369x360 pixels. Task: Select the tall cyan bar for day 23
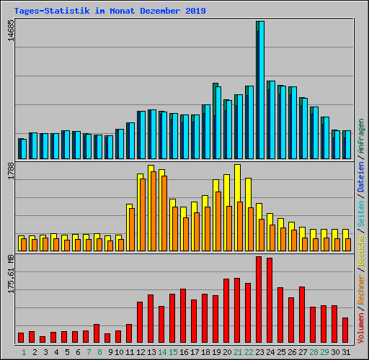(x=259, y=90)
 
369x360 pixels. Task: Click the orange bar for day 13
(x=154, y=212)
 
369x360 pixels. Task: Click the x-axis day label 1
(x=23, y=351)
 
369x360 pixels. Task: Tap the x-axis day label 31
(x=345, y=351)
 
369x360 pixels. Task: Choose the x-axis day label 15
(x=172, y=351)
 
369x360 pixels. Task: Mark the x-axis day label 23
(x=259, y=351)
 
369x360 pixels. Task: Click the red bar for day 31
(x=345, y=330)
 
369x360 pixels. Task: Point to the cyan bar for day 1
(x=22, y=148)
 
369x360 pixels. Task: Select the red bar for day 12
(x=140, y=322)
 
